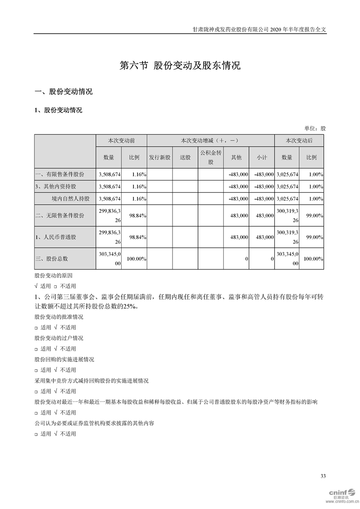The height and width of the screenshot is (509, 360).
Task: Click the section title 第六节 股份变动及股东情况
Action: (x=180, y=66)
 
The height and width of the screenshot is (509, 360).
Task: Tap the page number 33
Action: (x=323, y=476)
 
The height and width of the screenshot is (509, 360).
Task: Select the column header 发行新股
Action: (x=159, y=157)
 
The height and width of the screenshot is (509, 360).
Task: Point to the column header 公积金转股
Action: (x=210, y=157)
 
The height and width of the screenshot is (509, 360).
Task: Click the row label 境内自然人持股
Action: (x=70, y=199)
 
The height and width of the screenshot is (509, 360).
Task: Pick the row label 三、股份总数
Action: (x=52, y=259)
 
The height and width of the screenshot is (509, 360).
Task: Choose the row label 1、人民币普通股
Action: (x=56, y=237)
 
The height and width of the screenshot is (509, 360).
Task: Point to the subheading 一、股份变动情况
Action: (x=64, y=92)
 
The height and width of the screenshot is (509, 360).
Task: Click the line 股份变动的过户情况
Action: (x=59, y=338)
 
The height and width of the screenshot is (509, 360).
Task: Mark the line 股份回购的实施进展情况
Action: (x=64, y=359)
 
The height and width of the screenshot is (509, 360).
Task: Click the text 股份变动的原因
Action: (x=53, y=275)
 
